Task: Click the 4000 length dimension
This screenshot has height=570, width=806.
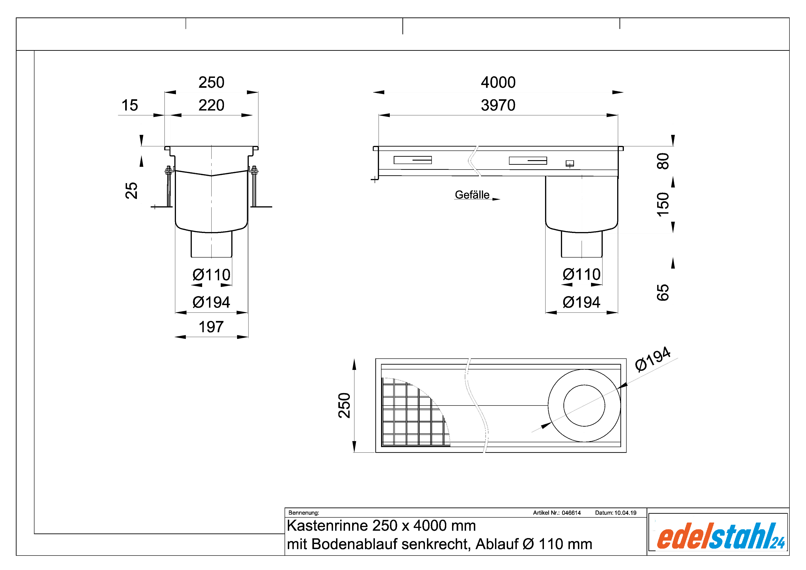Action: [498, 82]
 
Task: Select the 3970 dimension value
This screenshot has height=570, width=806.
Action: [498, 105]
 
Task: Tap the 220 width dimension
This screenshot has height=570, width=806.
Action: [211, 105]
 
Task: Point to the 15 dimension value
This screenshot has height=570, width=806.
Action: [130, 105]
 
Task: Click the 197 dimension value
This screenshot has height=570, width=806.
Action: [211, 327]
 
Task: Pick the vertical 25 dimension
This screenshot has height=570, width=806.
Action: [131, 191]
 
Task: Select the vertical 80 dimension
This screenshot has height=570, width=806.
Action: [663, 161]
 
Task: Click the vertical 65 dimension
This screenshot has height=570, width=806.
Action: [663, 292]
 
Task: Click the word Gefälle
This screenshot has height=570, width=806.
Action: [472, 195]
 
